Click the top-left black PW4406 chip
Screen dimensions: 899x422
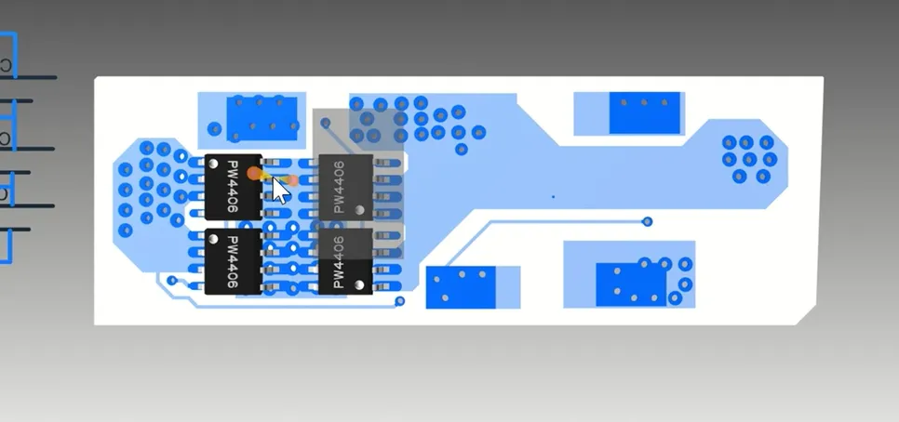click(234, 187)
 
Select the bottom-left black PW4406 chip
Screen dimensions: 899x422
click(234, 262)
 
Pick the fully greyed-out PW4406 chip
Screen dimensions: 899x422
click(345, 187)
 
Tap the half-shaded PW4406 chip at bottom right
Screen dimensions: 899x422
click(345, 262)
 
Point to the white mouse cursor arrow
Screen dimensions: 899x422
click(280, 191)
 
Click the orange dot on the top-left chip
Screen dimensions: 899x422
click(253, 173)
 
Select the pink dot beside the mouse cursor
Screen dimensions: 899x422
click(292, 180)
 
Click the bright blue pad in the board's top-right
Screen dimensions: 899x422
click(644, 112)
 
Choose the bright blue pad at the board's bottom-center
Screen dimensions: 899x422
click(461, 287)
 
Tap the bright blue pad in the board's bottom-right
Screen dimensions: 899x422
click(631, 284)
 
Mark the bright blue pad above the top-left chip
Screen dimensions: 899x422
click(262, 119)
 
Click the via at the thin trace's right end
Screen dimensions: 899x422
click(648, 221)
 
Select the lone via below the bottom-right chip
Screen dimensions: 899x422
click(399, 301)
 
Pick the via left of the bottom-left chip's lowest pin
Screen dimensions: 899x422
click(172, 281)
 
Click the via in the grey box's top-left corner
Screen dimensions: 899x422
click(325, 123)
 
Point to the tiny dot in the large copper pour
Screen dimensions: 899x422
click(554, 197)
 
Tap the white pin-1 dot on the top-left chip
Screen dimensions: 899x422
click(213, 165)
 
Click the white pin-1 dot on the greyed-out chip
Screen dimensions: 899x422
click(359, 210)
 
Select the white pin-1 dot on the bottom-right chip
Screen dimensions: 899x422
click(359, 284)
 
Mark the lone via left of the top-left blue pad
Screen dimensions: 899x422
click(214, 129)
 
